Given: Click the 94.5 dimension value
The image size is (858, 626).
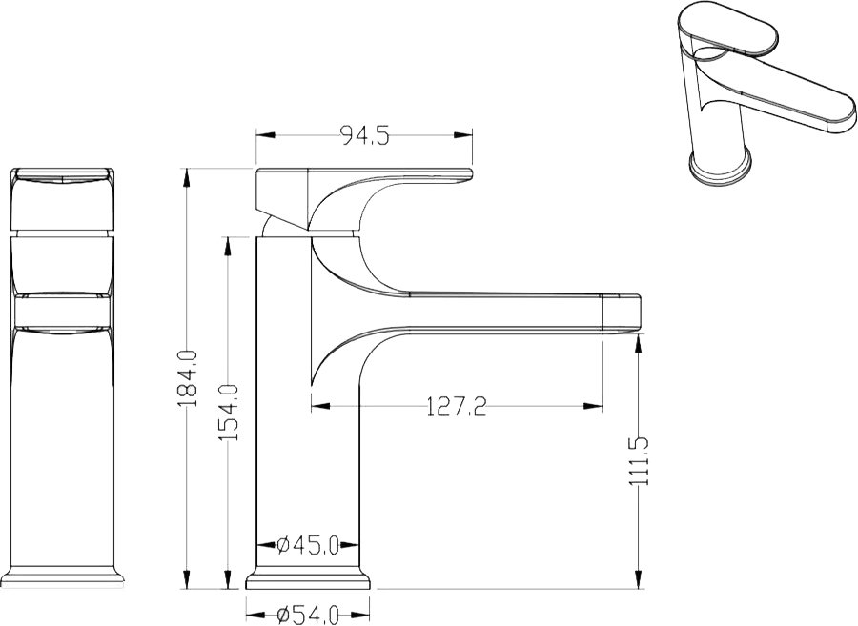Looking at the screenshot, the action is (365, 135).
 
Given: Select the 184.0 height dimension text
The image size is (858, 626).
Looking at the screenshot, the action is (188, 379).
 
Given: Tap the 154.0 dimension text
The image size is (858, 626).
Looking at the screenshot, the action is (228, 413).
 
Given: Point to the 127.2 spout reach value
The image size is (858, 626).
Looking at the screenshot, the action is (456, 406).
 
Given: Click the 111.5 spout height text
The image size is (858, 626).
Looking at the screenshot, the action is (639, 461).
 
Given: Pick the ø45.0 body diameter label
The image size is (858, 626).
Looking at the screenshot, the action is (308, 545).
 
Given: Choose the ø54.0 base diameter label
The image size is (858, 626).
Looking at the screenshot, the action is (308, 615).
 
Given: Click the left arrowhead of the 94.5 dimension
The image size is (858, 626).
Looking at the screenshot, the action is (265, 135).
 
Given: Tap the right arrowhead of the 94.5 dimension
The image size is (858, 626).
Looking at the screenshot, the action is (462, 135).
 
